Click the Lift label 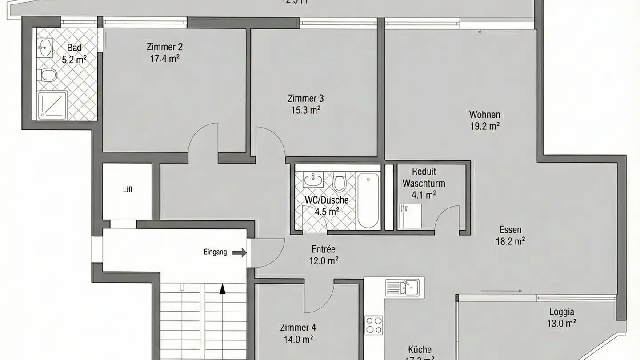pos(128,189)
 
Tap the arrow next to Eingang pos(239,252)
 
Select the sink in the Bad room pos(45,48)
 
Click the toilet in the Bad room pos(48,75)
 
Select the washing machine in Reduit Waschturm pos(410,216)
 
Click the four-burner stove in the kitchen pos(374,325)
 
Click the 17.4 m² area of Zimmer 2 pos(164,58)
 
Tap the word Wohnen pos(484,114)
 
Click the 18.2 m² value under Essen pos(510,241)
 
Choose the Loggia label pos(561,312)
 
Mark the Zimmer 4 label pos(298,328)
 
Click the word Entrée pos(323,249)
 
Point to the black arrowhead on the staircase pos(222,290)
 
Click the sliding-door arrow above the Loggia pos(501,291)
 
